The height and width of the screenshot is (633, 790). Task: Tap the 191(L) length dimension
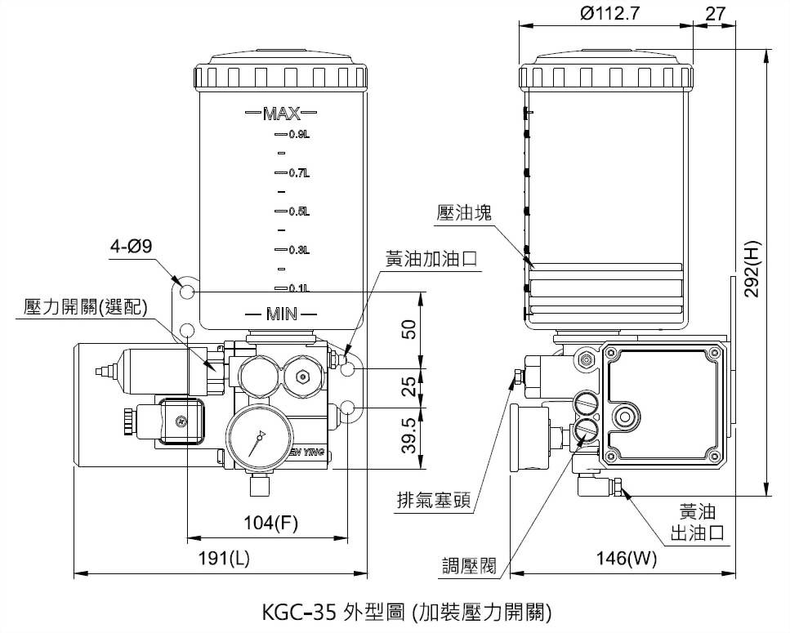221,559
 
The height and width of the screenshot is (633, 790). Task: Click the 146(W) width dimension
627,559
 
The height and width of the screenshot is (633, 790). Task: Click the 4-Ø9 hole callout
132,246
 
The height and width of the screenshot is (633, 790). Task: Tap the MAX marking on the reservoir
282,113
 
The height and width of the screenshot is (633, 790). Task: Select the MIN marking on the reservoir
282,314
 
